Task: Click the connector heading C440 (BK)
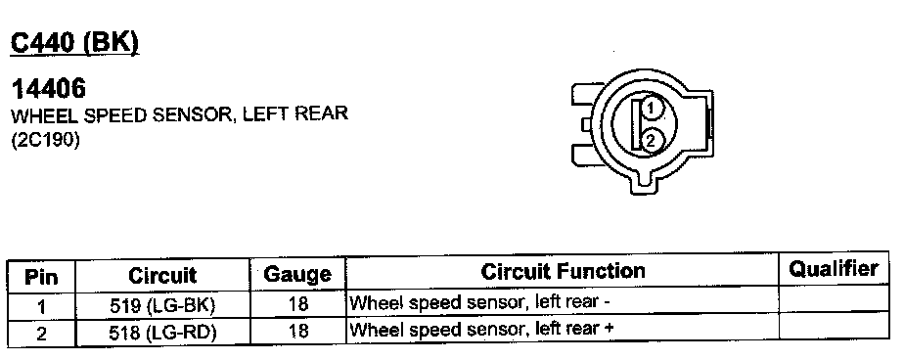75,43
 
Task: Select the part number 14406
49,89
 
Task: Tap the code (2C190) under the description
46,140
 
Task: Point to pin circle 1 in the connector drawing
651,108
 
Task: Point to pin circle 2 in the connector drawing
651,140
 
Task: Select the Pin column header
41,277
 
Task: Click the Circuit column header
162,275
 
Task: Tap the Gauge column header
297,274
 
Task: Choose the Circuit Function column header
563,271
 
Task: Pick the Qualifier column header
834,268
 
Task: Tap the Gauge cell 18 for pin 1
297,304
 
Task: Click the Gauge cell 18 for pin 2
297,332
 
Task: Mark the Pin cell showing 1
41,307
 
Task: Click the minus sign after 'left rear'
607,301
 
